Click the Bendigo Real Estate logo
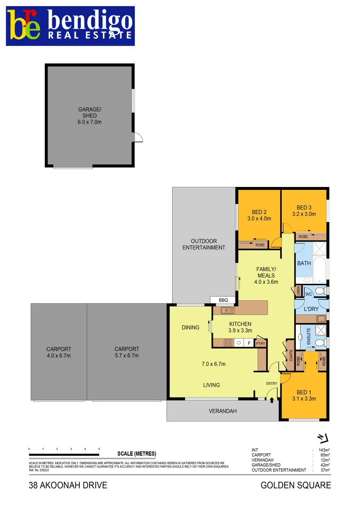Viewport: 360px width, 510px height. click(70, 26)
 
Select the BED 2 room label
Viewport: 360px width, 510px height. click(259, 212)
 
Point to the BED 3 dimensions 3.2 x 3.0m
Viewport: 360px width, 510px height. click(304, 214)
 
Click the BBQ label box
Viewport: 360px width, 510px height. click(223, 300)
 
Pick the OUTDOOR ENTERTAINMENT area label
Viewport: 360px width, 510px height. click(204, 244)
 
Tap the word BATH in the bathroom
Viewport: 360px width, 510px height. click(304, 263)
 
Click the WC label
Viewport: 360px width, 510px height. click(309, 294)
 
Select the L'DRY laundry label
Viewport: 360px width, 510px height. click(311, 309)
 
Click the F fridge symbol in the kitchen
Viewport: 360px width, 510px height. click(249, 343)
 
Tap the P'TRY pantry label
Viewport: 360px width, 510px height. click(260, 344)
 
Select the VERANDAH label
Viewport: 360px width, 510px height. click(223, 411)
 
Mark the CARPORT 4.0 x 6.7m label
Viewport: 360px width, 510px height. click(59, 352)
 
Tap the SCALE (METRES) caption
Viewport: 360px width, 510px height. click(136, 454)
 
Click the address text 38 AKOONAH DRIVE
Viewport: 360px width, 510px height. click(68, 485)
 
